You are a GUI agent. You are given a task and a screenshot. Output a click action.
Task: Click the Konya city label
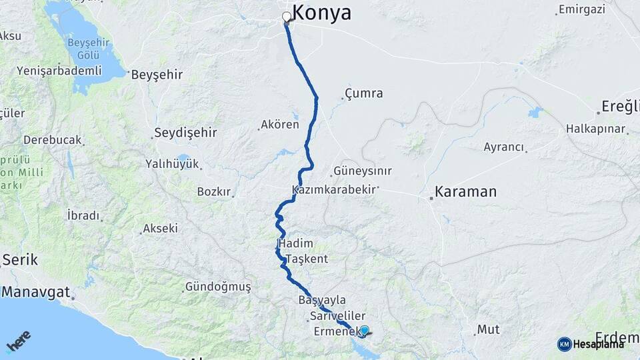click(x=321, y=13)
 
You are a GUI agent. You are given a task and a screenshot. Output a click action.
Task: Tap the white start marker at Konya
click(x=287, y=17)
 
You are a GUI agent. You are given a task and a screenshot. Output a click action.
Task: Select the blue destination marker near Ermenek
click(x=364, y=330)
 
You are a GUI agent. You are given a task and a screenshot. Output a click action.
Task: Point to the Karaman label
click(x=465, y=192)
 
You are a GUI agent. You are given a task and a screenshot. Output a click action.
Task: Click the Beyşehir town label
click(x=157, y=74)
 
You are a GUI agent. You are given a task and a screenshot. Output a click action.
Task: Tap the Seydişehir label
click(x=185, y=133)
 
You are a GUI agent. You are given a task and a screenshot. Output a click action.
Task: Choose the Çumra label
click(x=364, y=93)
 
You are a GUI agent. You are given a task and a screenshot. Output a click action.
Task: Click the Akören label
click(x=280, y=125)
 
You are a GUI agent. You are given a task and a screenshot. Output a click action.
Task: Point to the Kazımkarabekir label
click(x=334, y=191)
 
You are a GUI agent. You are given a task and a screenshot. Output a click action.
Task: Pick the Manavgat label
click(x=36, y=291)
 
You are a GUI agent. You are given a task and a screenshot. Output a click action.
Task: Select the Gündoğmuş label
click(x=218, y=287)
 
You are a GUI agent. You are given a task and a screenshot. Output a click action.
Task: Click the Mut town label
click(x=488, y=329)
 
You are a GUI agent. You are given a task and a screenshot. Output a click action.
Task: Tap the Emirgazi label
click(x=582, y=9)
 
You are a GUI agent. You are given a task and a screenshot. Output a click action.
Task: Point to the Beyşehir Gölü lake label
click(x=84, y=49)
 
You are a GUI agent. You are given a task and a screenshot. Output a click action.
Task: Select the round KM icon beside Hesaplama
click(x=565, y=344)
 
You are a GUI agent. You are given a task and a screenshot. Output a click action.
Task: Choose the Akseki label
click(x=160, y=229)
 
